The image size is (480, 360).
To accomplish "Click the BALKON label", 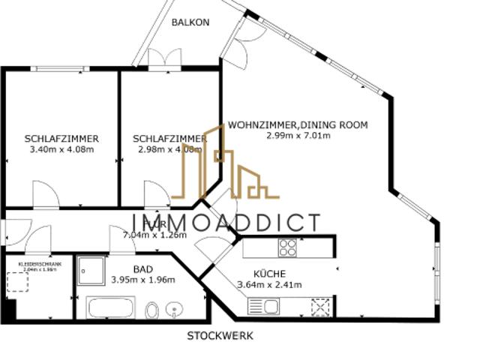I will [x=190, y=22].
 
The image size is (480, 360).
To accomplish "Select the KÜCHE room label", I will [x=269, y=274].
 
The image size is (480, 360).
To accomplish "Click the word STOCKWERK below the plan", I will [x=220, y=336].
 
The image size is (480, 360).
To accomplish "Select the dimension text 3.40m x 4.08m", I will [x=61, y=149].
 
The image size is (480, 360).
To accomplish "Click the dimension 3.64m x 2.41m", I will [x=269, y=284].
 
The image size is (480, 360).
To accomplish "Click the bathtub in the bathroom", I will [x=112, y=308].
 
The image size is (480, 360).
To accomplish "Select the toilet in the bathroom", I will [x=151, y=310].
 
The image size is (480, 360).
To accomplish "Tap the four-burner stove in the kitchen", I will [x=288, y=247].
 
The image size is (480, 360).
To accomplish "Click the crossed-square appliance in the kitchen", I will [x=320, y=307].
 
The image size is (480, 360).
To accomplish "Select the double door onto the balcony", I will [x=163, y=59].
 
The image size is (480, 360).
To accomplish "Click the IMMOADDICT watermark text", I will [x=225, y=223].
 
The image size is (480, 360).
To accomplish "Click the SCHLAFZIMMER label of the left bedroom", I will [x=61, y=139].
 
